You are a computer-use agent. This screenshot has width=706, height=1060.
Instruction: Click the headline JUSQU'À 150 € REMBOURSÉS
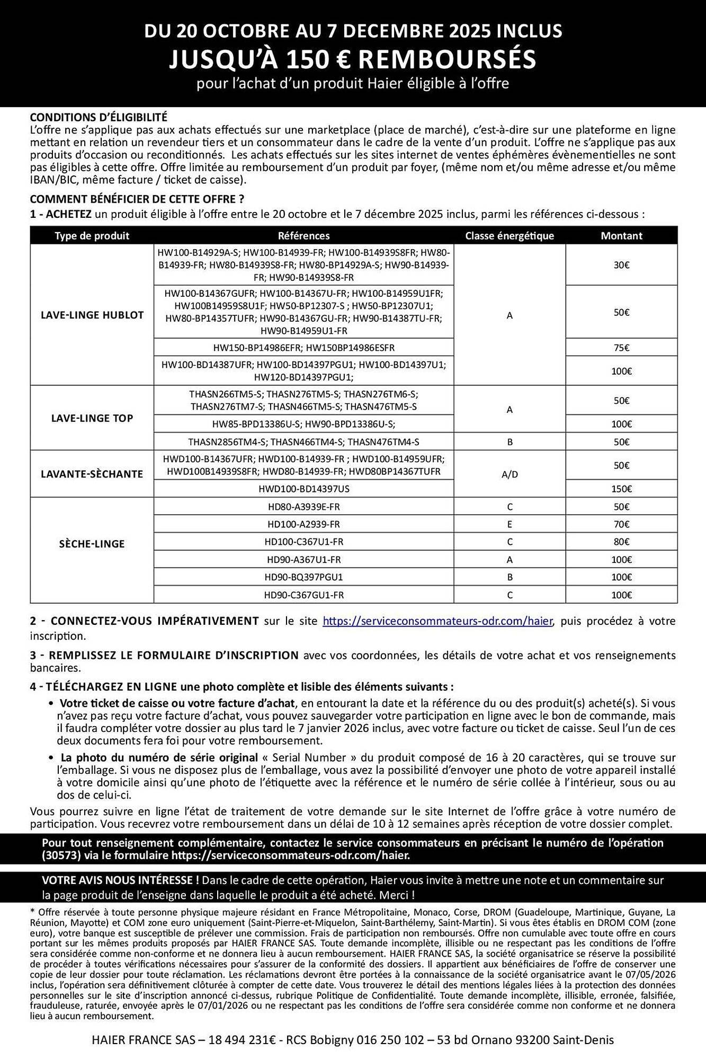tap(352, 59)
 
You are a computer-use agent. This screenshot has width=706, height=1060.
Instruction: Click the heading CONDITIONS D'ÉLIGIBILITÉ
tap(99, 117)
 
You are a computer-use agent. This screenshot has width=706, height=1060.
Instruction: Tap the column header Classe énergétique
tap(509, 236)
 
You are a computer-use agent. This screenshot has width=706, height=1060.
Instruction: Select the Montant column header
tap(621, 236)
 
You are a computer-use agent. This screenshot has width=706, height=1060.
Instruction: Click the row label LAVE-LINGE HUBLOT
tap(92, 315)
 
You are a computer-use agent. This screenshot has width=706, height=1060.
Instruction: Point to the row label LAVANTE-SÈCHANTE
tap(92, 474)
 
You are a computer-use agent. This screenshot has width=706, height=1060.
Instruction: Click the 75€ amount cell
tap(621, 348)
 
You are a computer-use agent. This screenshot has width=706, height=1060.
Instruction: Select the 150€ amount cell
tap(621, 489)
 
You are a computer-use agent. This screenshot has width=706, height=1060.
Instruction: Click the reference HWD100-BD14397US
tap(303, 489)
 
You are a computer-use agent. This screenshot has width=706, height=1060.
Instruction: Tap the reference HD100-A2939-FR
tap(303, 524)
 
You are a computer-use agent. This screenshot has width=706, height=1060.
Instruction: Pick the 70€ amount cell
tap(621, 524)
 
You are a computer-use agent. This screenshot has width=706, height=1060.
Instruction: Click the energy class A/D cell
tap(510, 474)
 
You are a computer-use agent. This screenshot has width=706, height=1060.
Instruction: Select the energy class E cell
tap(510, 524)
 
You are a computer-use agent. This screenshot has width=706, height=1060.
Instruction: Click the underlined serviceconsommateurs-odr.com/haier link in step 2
tap(437, 621)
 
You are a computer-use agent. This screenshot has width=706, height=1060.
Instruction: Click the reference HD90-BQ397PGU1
tap(303, 577)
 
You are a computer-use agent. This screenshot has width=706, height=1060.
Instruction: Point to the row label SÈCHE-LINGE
tap(92, 544)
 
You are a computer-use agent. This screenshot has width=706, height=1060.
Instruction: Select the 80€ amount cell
tap(621, 542)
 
